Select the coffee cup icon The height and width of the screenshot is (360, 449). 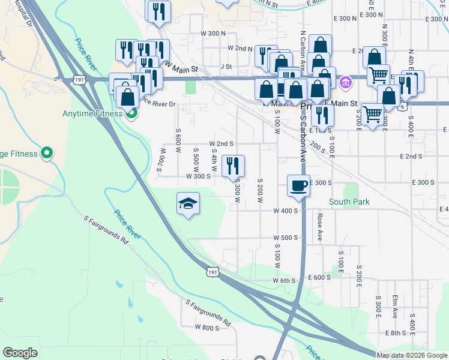[x=298, y=185]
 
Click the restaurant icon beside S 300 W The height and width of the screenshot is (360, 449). [x=233, y=166]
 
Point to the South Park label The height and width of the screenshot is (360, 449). [x=349, y=202]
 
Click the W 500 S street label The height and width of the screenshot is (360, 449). [x=286, y=238]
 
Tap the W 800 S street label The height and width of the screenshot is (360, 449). [x=207, y=328]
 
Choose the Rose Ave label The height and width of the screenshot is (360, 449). [x=320, y=227]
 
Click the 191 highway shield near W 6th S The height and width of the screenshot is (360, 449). [x=211, y=272]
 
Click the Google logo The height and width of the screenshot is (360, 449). [x=20, y=353]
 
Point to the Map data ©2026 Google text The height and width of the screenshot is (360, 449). [x=412, y=355]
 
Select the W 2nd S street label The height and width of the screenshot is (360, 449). [x=221, y=144]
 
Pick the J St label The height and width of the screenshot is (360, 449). [x=226, y=67]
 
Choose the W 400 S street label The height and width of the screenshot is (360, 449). [x=286, y=211]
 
